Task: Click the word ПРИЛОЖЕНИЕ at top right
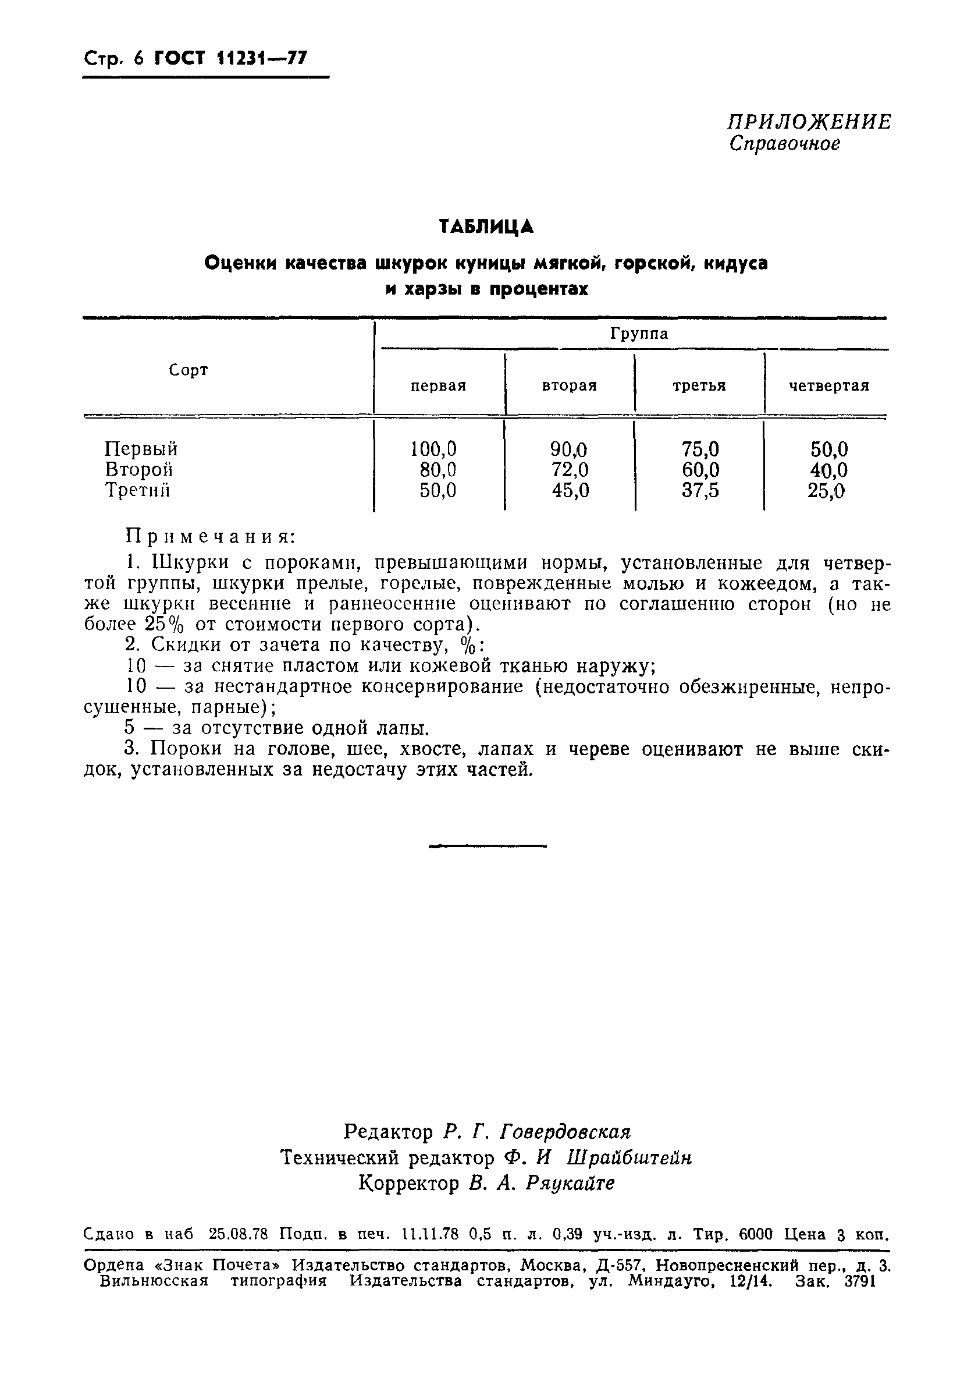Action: [x=809, y=122]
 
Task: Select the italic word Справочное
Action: [x=785, y=144]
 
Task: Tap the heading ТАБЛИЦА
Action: [x=486, y=226]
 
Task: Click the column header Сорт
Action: [x=188, y=370]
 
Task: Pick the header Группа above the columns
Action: [x=639, y=334]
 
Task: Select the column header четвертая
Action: [x=828, y=386]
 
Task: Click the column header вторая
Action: [x=569, y=386]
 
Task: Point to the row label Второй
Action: [x=138, y=470]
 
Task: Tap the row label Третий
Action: [x=137, y=491]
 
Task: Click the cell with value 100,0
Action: [x=433, y=449]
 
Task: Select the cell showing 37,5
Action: [x=700, y=491]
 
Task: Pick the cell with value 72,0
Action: [x=570, y=470]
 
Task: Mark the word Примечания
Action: [x=211, y=537]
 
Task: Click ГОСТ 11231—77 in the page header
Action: [x=231, y=58]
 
